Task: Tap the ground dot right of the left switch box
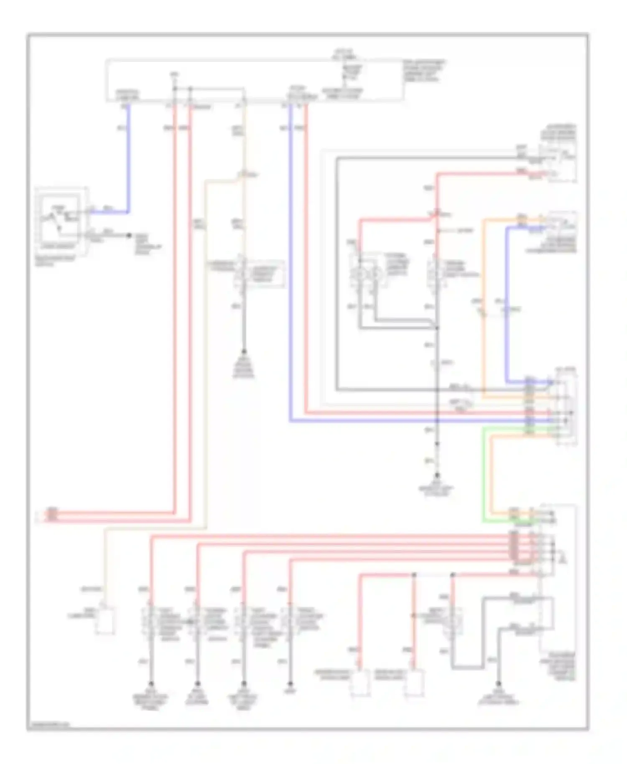coord(130,236)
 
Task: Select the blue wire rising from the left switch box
coord(128,159)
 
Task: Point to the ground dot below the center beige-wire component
coord(244,352)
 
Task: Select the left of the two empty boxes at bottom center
coord(360,683)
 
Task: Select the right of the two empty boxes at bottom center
coord(414,683)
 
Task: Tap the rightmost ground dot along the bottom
coord(498,684)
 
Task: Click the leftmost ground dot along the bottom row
coord(151,684)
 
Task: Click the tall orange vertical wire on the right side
coord(484,305)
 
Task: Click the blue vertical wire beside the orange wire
coord(507,305)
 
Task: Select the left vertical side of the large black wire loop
coord(337,272)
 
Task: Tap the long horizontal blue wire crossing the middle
coord(397,421)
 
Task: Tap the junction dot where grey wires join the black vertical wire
coord(437,328)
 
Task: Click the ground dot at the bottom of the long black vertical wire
coord(437,476)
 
